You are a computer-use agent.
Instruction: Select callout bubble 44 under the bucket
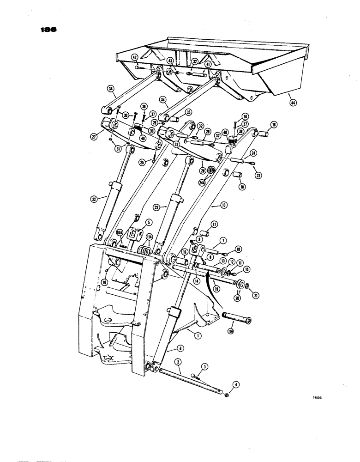tap(292, 102)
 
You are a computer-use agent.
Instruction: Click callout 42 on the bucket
tap(135, 58)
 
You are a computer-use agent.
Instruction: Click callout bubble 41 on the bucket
tap(209, 65)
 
